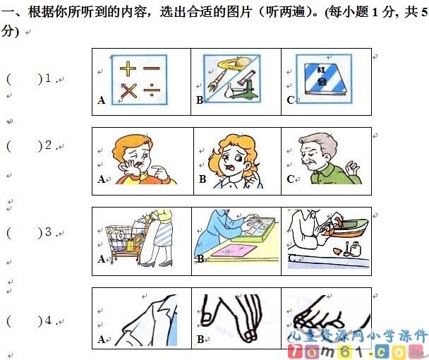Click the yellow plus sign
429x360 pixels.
point(128,68)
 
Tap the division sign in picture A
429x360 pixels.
point(151,90)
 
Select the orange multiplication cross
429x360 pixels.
point(128,90)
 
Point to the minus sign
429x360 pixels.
point(151,68)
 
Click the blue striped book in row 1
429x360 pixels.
point(325,79)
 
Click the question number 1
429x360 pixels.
point(48,78)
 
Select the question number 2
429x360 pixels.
point(49,145)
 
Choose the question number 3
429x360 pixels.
point(49,232)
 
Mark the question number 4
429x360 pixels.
point(49,320)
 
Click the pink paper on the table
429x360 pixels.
point(234,251)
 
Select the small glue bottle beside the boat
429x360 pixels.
point(356,249)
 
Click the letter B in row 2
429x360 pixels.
point(203,179)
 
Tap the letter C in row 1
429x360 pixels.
point(290,100)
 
